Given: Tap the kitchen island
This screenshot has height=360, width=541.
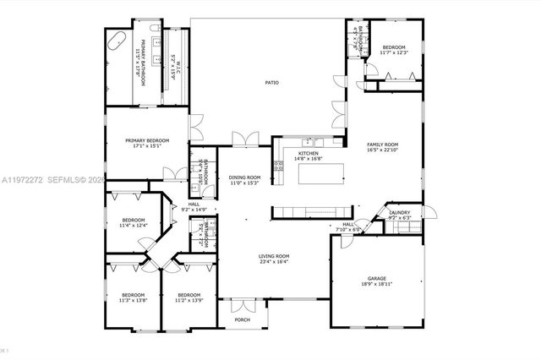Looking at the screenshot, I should [x=322, y=174].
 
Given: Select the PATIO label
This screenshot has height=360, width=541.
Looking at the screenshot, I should [x=271, y=83].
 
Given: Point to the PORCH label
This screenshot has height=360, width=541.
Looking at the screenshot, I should [x=243, y=319].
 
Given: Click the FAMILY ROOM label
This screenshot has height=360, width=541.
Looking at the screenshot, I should [x=382, y=145].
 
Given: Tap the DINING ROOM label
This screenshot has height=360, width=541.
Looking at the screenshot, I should [x=244, y=177].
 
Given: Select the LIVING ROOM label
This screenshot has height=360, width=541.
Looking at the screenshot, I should [x=274, y=256].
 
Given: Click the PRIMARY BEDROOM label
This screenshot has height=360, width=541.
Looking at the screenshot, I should [x=147, y=140].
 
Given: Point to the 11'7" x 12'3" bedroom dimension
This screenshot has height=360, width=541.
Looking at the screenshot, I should [x=395, y=53].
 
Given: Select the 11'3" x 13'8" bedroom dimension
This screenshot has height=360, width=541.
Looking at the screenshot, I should [x=134, y=300].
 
